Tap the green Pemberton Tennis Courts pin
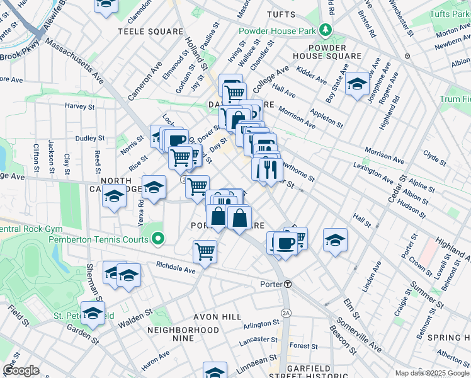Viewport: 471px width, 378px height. (157, 239)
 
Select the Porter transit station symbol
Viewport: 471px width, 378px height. (287, 284)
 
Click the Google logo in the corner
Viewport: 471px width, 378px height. (21, 370)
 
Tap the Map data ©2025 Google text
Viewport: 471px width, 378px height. (432, 373)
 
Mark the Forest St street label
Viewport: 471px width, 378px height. (304, 346)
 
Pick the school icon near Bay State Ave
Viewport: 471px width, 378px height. (357, 84)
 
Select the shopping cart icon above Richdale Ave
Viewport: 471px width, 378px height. (205, 251)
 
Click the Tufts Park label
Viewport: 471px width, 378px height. (447, 13)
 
